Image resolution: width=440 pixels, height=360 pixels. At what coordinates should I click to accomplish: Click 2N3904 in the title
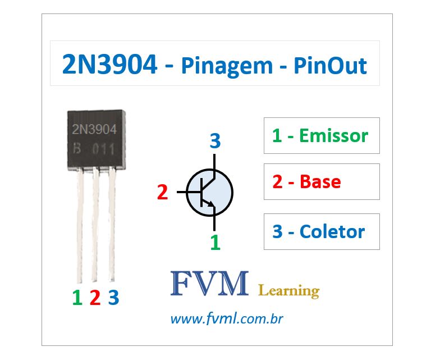point(110,66)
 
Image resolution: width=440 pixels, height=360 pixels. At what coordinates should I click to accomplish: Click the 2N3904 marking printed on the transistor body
point(94,130)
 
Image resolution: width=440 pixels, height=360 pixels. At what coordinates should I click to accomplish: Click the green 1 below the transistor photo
point(77,297)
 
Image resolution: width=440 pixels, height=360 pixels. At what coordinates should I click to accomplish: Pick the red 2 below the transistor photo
point(95,297)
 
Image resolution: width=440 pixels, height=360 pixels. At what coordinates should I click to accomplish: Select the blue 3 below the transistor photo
point(113,297)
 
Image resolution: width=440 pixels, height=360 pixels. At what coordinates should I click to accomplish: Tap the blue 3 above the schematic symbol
point(214,142)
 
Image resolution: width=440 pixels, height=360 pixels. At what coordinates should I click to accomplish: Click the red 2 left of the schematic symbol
point(163,193)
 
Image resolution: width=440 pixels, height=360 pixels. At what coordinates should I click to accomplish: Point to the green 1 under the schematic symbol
point(215,243)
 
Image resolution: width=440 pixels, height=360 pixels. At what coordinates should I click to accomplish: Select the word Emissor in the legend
point(333,135)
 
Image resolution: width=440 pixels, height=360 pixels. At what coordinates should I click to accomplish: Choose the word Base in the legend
point(320,181)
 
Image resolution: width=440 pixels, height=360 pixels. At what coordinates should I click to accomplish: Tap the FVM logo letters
point(209,284)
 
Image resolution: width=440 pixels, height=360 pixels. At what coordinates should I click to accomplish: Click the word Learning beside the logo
point(288,290)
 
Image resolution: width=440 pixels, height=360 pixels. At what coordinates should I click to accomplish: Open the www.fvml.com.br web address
point(226,320)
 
